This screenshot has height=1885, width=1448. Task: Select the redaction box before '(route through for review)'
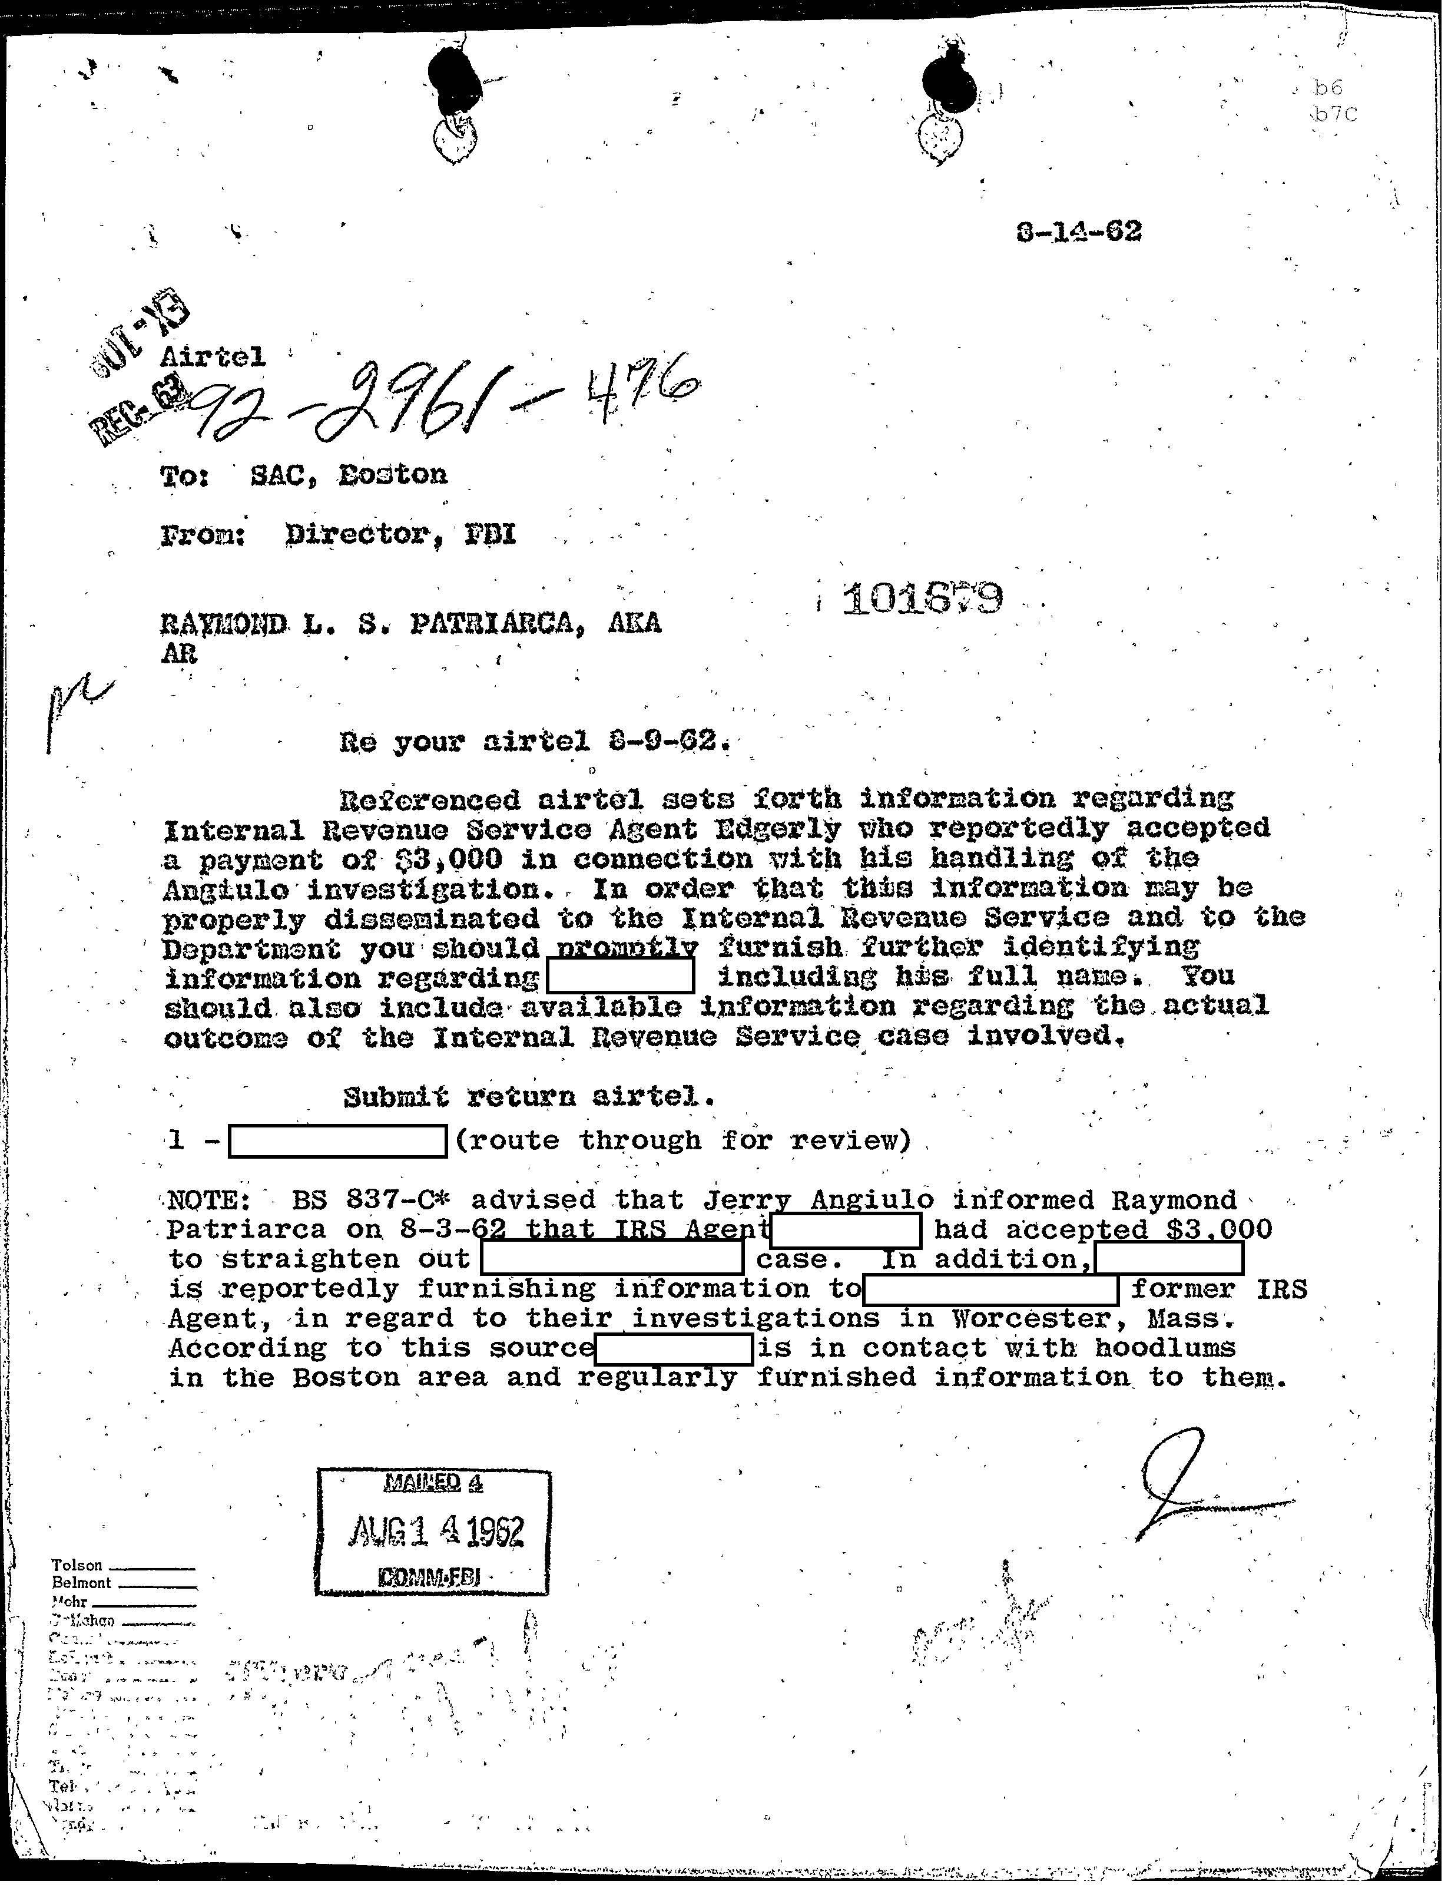[337, 1141]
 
